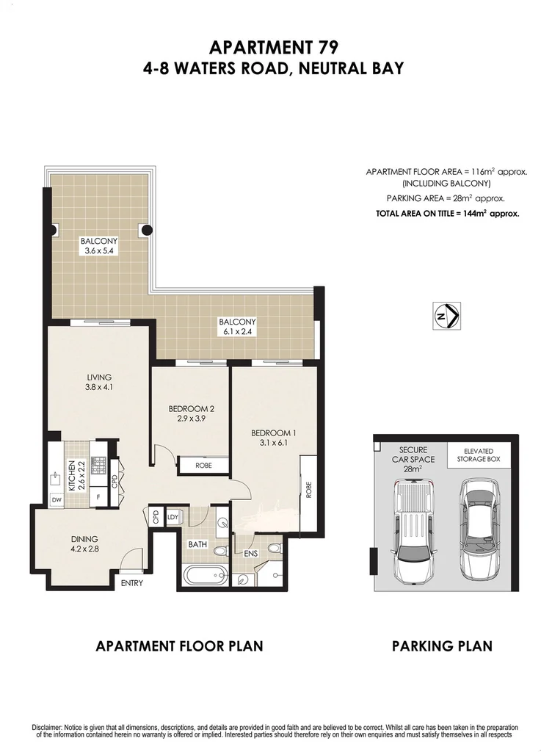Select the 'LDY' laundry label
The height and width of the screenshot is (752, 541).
174,517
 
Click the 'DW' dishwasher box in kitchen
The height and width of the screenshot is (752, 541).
57,500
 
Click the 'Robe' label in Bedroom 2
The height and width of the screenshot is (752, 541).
202,465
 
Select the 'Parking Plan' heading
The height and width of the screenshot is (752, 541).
441,646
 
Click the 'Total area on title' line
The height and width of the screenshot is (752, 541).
448,214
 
